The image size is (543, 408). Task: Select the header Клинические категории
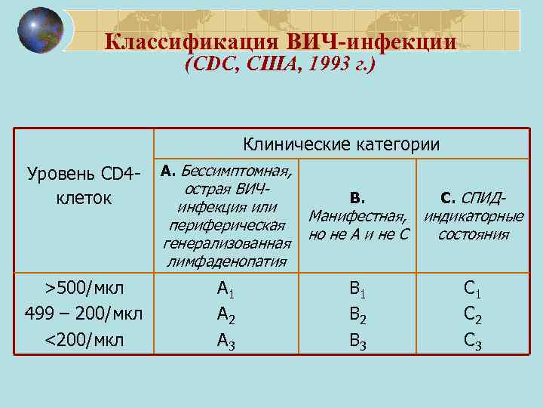point(341,144)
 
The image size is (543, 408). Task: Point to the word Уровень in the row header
point(59,175)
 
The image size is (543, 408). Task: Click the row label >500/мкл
point(84,289)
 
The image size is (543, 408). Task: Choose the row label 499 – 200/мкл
point(84,314)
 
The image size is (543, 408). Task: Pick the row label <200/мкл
point(84,340)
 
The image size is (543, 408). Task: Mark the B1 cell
point(358,289)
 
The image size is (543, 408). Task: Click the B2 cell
point(358,315)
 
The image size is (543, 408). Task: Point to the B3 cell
point(358,342)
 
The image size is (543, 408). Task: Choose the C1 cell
point(473,289)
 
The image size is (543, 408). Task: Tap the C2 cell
point(473,315)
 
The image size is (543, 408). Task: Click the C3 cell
point(473,342)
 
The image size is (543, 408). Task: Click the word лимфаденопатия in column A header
point(226,261)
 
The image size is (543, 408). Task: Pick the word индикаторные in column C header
point(473,216)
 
